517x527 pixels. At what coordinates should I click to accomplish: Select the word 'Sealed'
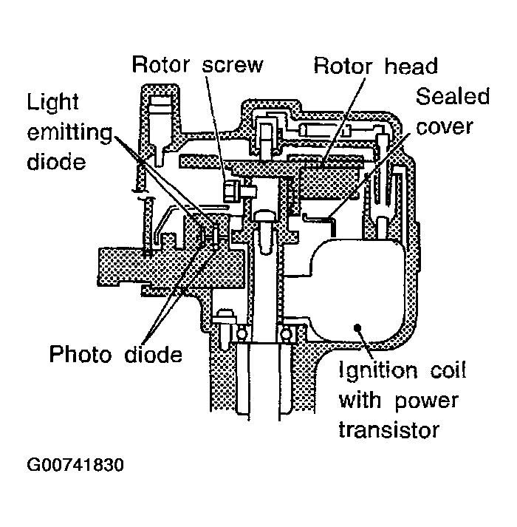453,96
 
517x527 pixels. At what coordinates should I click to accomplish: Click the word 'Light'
53,102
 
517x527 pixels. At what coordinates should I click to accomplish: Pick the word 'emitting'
70,132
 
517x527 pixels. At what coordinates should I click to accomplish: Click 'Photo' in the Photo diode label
81,354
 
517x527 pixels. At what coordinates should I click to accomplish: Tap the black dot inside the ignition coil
357,326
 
